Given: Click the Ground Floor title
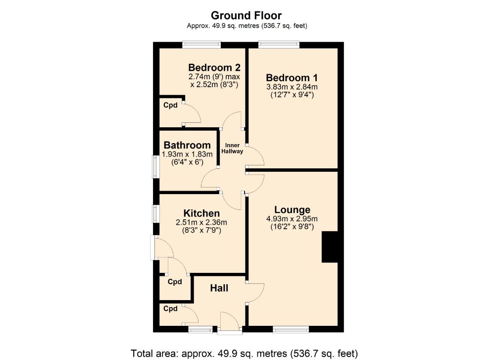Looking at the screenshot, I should (x=247, y=15).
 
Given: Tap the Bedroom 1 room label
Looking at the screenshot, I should (x=292, y=78).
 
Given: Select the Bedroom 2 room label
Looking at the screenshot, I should (x=214, y=67).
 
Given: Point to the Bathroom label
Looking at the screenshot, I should (x=187, y=145).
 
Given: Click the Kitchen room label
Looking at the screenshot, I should (x=201, y=213).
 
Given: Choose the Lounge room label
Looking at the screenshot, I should (x=292, y=209).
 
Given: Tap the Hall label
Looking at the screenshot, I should (x=219, y=288).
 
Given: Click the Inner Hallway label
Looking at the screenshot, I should (x=233, y=148).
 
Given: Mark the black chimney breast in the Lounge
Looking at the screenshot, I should (x=329, y=247).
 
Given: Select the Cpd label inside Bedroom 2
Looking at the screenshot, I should (x=171, y=105).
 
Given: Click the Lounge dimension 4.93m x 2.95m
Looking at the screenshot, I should (x=292, y=219).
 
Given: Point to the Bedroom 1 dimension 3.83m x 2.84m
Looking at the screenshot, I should (x=292, y=87).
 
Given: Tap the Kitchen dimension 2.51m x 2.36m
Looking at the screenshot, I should (x=201, y=222).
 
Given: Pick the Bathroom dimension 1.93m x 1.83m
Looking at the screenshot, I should (x=187, y=154).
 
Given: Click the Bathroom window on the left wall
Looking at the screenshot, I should (x=155, y=167).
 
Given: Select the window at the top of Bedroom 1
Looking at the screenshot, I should (x=279, y=45).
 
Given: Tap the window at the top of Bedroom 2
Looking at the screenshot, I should (x=201, y=45).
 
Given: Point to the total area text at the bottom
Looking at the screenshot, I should (x=244, y=354).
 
